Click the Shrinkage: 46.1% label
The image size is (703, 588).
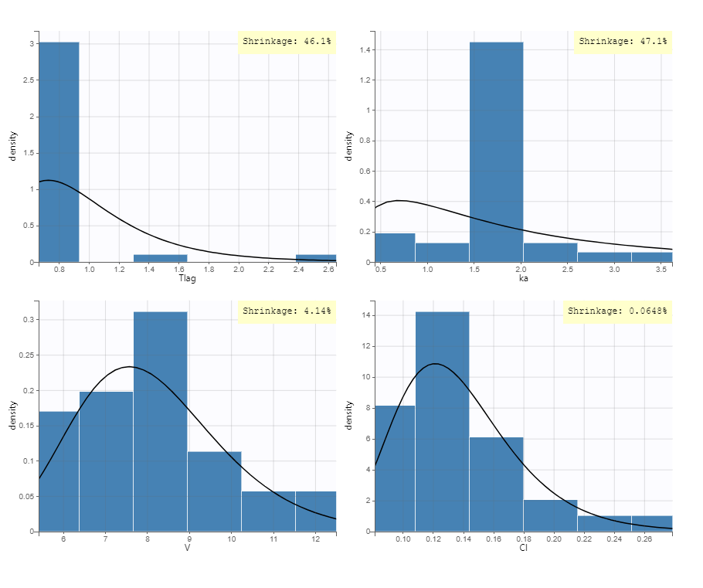(x=287, y=41)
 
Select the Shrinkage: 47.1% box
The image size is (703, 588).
(x=623, y=41)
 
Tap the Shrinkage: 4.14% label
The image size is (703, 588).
(x=287, y=311)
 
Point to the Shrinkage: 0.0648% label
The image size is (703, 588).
(x=617, y=311)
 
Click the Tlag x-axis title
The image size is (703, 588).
(x=187, y=278)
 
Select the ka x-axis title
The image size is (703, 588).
(x=524, y=278)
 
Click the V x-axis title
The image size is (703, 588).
(x=187, y=548)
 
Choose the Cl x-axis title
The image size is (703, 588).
(x=524, y=548)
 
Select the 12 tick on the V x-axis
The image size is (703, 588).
(x=316, y=539)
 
